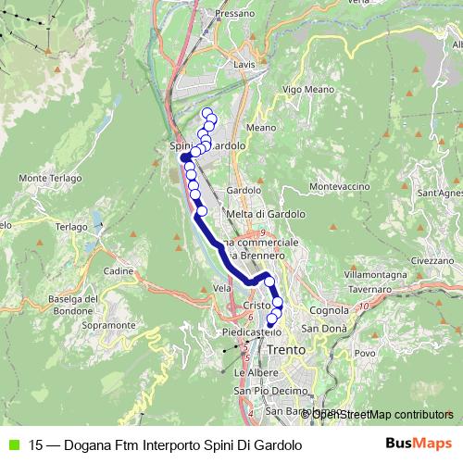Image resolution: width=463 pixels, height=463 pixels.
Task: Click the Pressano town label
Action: coord(233,14)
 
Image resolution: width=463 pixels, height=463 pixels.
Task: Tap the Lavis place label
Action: coord(244,65)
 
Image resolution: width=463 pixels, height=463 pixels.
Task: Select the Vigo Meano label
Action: coord(306,89)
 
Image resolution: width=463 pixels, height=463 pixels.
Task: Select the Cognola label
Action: coord(329,310)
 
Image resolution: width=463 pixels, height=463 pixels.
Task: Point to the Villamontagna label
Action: coord(377,276)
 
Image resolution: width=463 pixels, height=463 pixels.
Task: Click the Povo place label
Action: coord(366,353)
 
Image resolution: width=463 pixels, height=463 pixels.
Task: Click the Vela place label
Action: coord(221,288)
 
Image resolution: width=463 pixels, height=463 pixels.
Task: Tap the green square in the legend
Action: coord(12,445)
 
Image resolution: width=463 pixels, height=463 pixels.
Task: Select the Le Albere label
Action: coord(251,372)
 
